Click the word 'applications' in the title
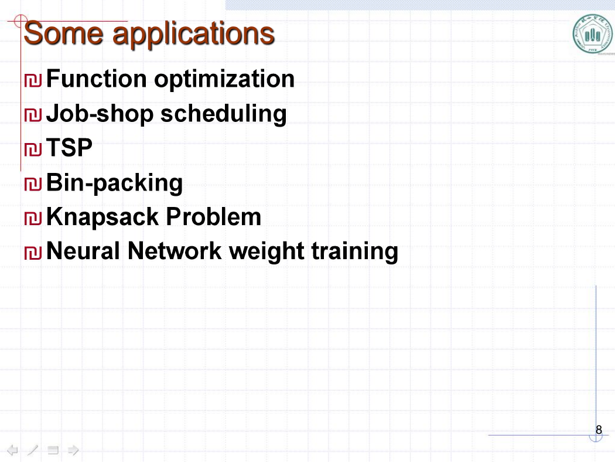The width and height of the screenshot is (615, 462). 194,35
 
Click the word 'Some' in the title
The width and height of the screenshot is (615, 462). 63,33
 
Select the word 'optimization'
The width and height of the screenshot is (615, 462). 224,80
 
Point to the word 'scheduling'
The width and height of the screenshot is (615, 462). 224,114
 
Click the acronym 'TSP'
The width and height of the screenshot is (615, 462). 69,148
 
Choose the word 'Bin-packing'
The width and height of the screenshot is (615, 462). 115,184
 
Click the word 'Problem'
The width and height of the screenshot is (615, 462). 213,217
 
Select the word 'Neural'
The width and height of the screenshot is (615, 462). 83,251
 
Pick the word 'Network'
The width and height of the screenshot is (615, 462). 175,251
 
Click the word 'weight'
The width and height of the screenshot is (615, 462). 266,252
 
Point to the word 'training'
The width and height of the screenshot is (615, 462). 355,252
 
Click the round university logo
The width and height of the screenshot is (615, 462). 593,35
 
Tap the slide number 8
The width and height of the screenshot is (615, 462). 599,430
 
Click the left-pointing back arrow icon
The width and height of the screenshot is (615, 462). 12,450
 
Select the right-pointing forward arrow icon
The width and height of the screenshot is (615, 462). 73,450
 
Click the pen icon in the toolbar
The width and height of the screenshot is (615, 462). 33,450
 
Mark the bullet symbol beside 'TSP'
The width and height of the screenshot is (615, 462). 33,149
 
